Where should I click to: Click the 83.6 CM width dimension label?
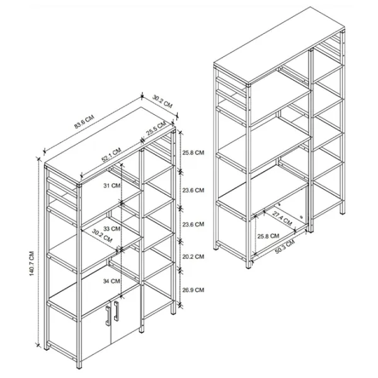84,122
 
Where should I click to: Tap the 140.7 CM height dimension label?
32,263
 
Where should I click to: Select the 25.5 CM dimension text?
156,129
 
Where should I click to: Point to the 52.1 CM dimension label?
111,155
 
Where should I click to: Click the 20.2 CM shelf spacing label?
193,257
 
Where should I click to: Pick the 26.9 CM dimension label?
193,290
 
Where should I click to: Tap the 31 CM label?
112,186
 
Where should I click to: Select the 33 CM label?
112,228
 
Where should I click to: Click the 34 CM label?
112,281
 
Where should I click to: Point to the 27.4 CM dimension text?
282,219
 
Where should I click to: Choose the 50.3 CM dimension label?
285,247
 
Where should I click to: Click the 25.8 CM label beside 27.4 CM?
268,236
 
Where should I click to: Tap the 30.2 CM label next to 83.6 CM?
163,101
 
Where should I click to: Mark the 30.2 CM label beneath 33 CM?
102,236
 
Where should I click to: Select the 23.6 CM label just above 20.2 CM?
193,224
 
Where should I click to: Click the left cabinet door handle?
108,316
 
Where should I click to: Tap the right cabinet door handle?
116,311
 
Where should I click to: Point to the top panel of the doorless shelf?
279,45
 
